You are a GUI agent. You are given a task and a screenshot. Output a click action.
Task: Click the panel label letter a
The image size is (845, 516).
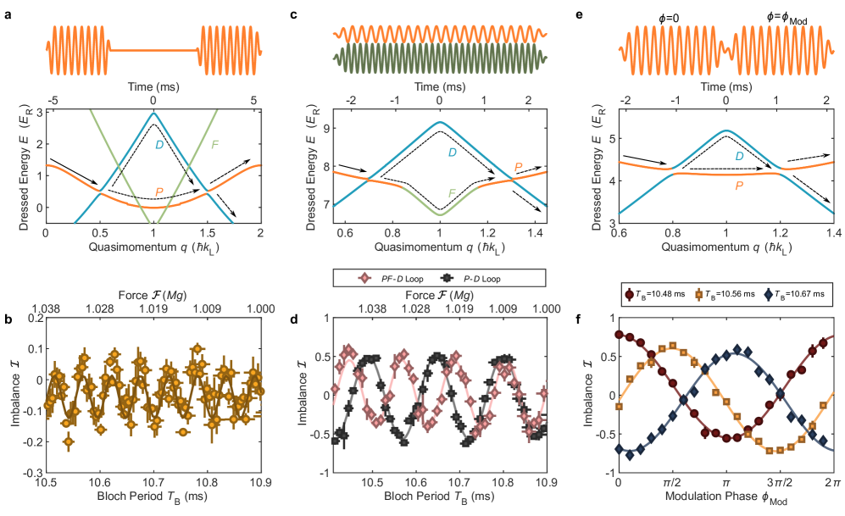[8, 14]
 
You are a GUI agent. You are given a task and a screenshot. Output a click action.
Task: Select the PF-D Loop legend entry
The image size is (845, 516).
[388, 277]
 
